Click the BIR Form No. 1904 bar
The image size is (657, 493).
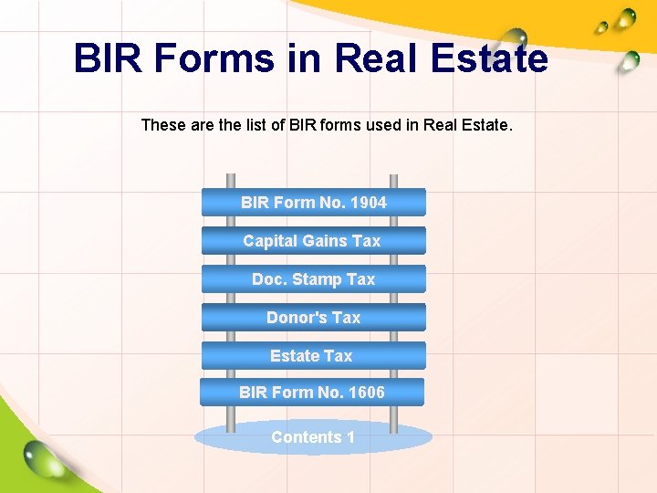313,202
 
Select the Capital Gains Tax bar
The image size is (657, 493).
313,240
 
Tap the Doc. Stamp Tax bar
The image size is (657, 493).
313,278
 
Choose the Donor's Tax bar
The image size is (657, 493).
313,317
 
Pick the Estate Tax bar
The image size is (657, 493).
313,355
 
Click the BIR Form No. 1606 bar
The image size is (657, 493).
312,392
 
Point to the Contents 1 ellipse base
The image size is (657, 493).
313,437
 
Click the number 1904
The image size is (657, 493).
367,202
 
